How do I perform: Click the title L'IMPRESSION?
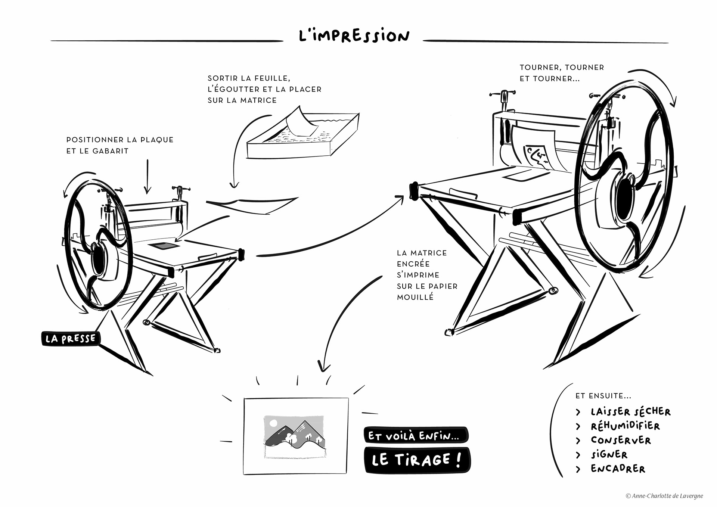[354, 36]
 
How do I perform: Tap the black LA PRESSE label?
[70, 339]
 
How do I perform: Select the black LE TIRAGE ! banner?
[417, 460]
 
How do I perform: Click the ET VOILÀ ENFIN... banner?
[415, 435]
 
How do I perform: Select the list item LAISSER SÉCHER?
[630, 412]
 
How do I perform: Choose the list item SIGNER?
[609, 454]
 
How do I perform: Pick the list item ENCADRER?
[618, 469]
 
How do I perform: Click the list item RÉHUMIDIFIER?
[625, 426]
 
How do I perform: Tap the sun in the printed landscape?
[273, 423]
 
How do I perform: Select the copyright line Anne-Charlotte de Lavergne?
[664, 496]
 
